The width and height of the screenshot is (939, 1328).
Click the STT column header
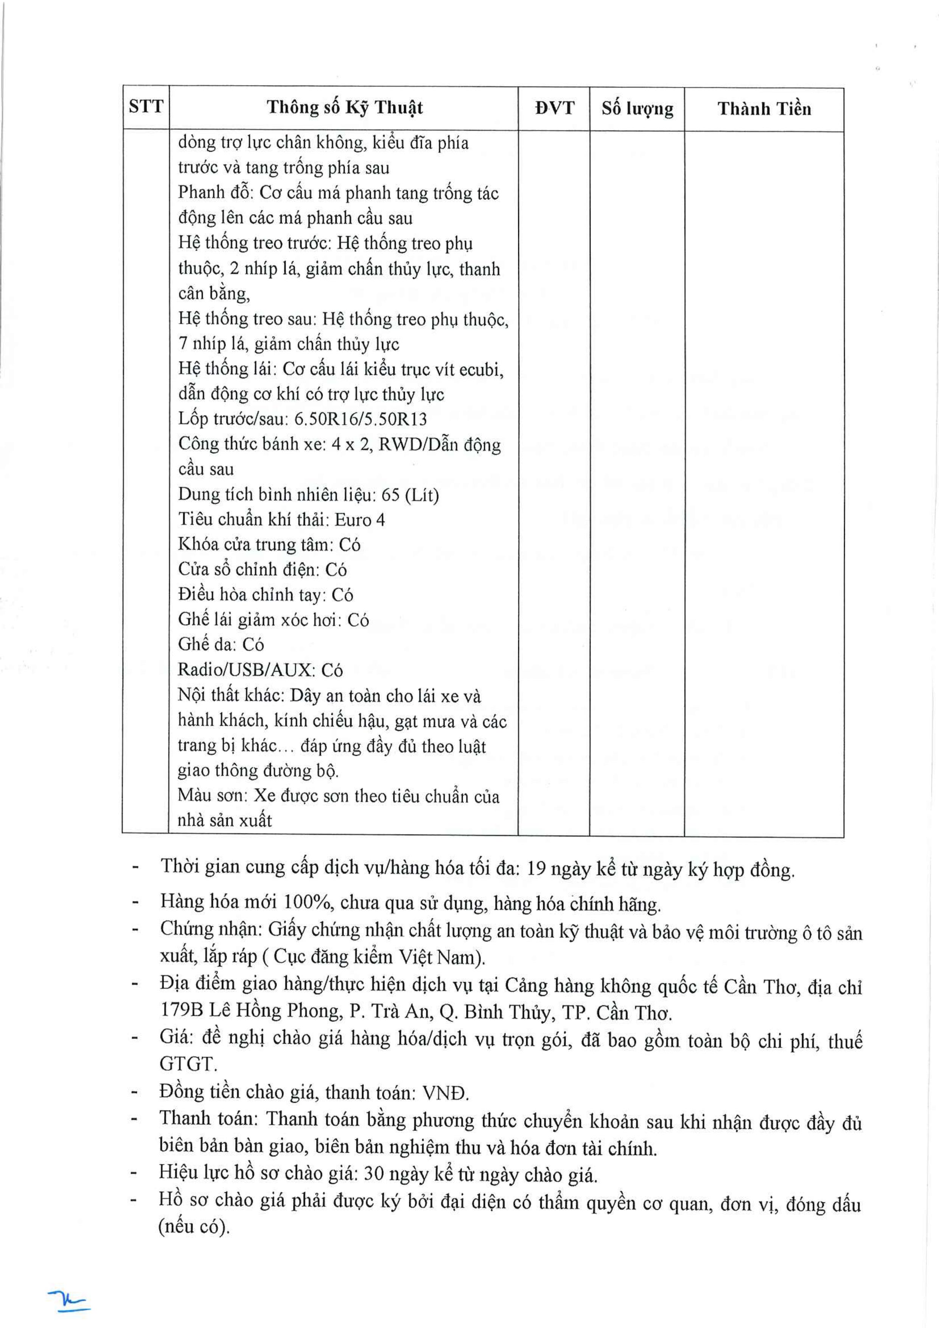[x=146, y=107]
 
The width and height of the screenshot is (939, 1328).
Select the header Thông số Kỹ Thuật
[x=345, y=107]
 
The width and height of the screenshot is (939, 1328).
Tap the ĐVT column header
[x=554, y=108]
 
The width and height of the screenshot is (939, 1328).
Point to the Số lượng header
[x=637, y=109]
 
